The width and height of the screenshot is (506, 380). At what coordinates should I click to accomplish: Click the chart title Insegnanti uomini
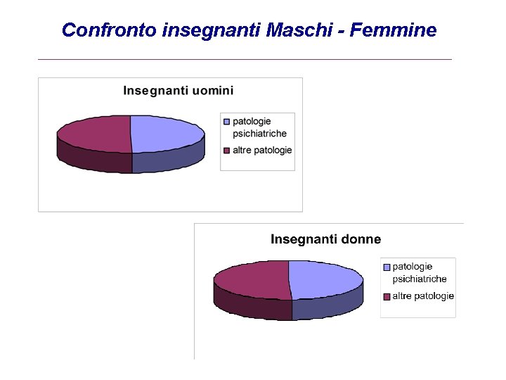pyautogui.click(x=179, y=90)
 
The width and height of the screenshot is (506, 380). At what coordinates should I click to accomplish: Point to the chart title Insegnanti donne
pyautogui.click(x=326, y=239)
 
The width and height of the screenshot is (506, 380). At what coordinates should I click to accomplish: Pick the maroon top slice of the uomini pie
pyautogui.click(x=94, y=132)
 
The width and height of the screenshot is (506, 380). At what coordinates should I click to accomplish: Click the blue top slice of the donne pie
pyautogui.click(x=325, y=279)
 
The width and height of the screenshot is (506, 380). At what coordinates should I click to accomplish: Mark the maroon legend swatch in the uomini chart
pyautogui.click(x=226, y=151)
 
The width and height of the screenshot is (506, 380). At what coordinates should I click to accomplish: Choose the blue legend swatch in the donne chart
pyautogui.click(x=386, y=267)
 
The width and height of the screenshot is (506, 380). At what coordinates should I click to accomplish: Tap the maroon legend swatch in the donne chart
pyautogui.click(x=386, y=296)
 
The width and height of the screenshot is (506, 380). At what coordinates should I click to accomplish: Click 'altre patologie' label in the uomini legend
pyautogui.click(x=262, y=151)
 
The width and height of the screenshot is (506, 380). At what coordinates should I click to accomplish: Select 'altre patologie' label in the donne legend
pyautogui.click(x=423, y=296)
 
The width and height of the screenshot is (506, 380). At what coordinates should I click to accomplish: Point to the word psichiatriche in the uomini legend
pyautogui.click(x=259, y=134)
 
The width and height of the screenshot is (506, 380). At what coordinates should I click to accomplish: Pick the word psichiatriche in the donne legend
pyautogui.click(x=420, y=279)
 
